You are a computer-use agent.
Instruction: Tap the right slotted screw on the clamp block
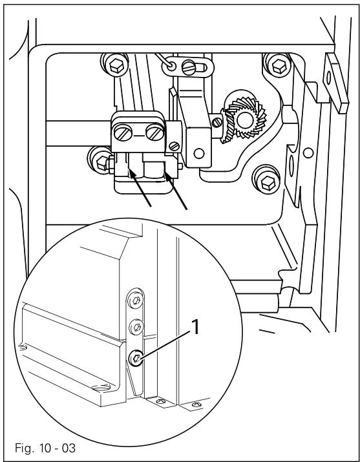pos(153,134)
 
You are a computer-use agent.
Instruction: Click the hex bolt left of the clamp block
pos(100,156)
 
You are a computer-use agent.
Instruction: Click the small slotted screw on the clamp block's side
pos(173,147)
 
